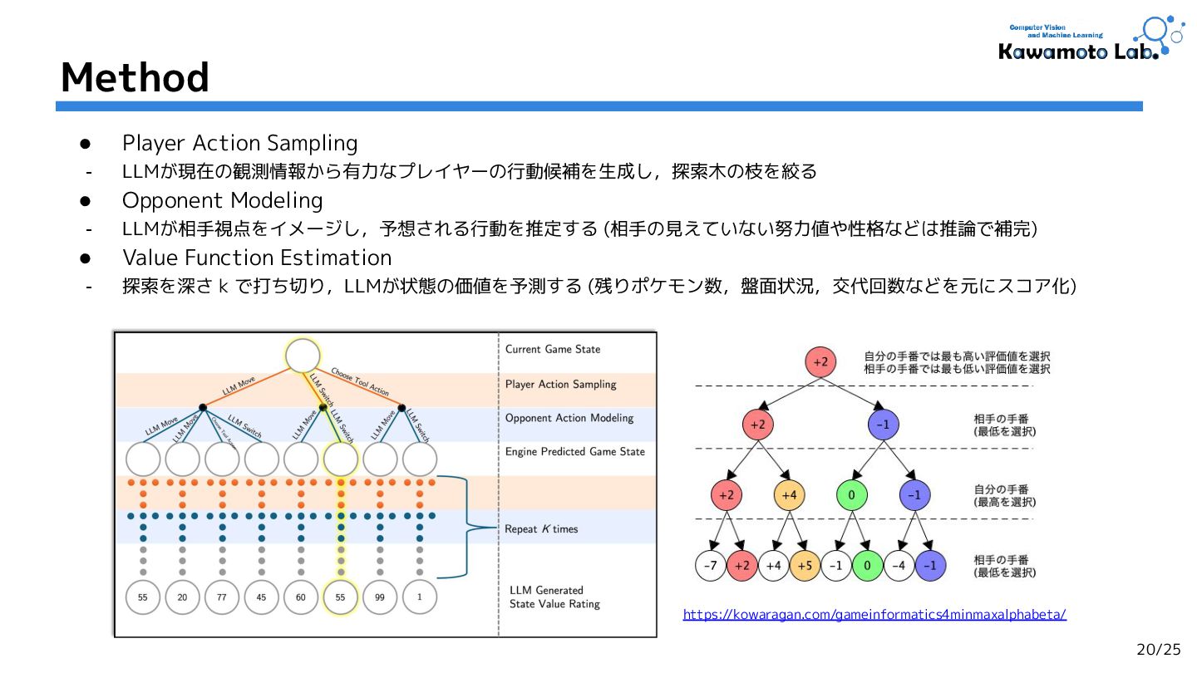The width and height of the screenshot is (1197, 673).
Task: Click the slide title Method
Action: [x=135, y=78]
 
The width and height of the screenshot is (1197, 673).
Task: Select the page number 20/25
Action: [x=1158, y=650]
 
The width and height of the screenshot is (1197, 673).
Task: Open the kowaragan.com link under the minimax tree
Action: [x=874, y=615]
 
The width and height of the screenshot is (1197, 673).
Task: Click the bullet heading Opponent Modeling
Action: [x=222, y=200]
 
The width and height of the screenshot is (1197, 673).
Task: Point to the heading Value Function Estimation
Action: [x=256, y=258]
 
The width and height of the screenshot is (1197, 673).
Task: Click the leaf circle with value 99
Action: [x=381, y=597]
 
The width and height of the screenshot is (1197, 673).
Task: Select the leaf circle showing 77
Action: [x=222, y=597]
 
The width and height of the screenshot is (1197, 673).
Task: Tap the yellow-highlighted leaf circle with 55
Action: [x=341, y=597]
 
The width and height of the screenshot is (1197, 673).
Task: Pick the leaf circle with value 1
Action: [x=420, y=597]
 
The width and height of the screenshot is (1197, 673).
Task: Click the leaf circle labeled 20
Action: [x=182, y=597]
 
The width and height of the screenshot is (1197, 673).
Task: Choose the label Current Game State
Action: [x=552, y=350]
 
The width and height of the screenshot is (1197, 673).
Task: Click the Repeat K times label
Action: [x=541, y=529]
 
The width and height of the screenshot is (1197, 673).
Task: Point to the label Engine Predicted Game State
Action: [x=575, y=452]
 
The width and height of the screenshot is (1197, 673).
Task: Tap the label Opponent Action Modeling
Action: [x=569, y=418]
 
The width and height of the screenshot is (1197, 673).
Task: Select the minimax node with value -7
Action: [x=710, y=566]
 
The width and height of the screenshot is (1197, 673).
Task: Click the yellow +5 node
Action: [x=805, y=566]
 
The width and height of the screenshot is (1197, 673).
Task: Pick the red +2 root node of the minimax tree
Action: [x=820, y=362]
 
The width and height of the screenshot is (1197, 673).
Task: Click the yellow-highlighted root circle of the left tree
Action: [x=303, y=356]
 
